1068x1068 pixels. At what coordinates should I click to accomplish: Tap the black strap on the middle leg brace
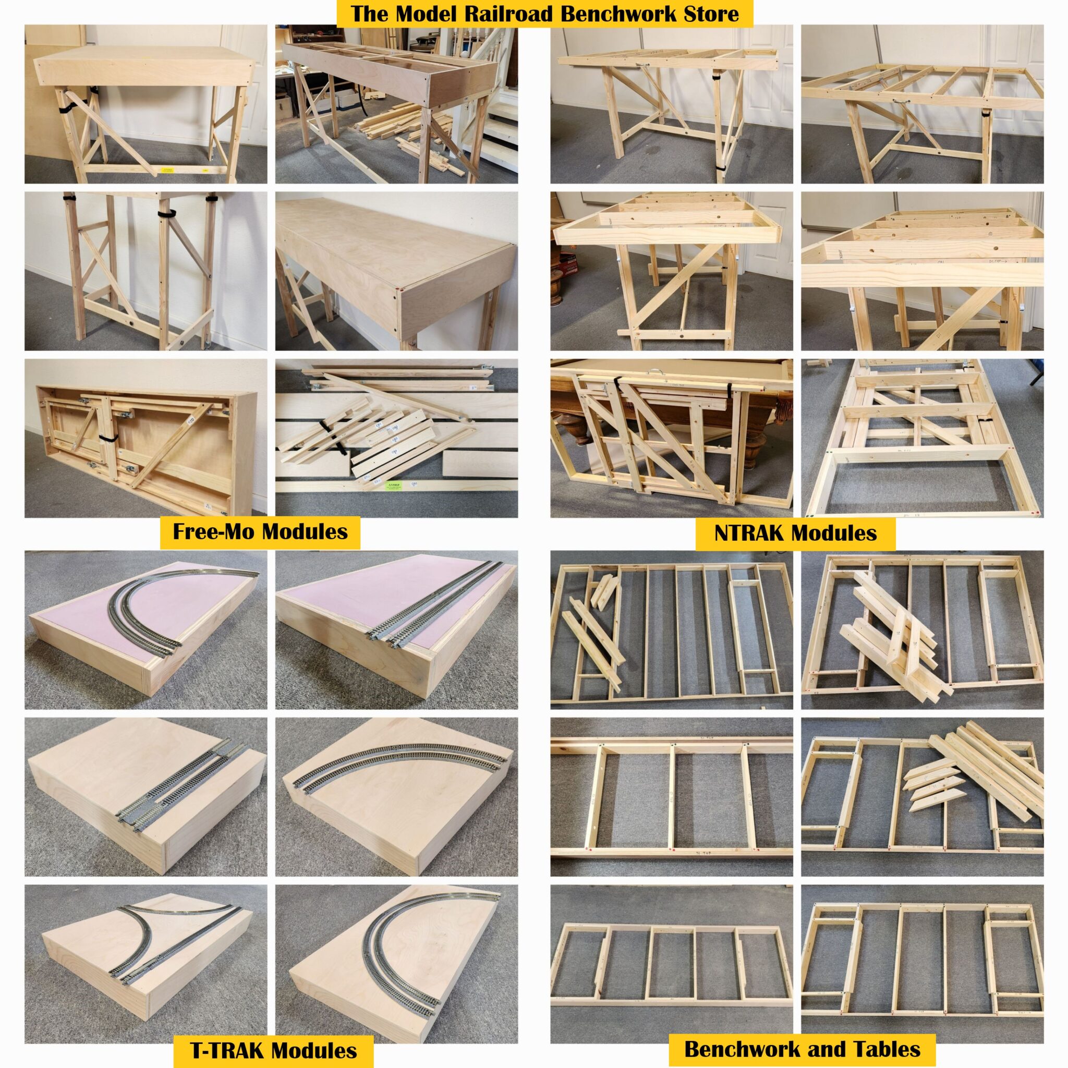point(164,213)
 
